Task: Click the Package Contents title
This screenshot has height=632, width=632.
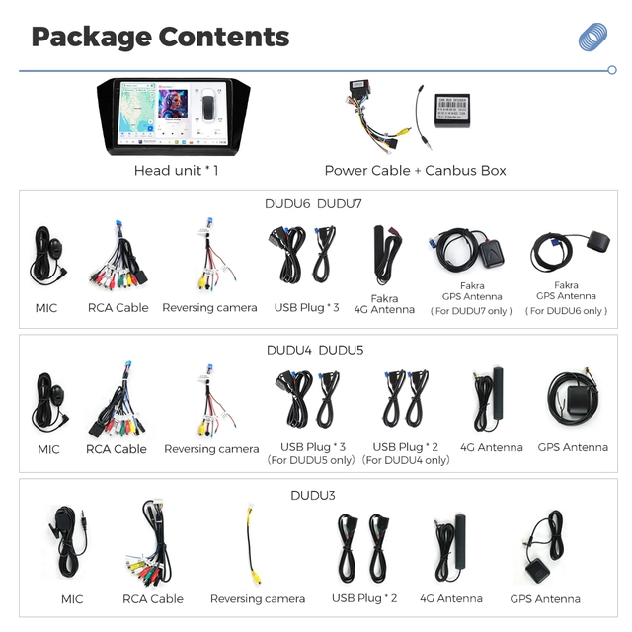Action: [x=160, y=38]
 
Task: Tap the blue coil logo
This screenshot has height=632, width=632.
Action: [x=592, y=37]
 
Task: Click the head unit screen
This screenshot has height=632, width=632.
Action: [x=174, y=114]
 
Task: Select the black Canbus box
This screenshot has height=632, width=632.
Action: [x=452, y=111]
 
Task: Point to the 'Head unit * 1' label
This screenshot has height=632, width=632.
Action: [x=176, y=171]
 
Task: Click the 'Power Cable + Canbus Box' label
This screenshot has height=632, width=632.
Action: [x=415, y=171]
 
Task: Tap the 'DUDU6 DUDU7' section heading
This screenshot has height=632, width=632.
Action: [x=313, y=204]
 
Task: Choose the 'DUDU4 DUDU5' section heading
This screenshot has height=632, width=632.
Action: [x=315, y=350]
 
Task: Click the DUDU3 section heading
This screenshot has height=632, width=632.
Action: [x=313, y=495]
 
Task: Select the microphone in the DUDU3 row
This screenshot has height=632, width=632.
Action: [x=67, y=541]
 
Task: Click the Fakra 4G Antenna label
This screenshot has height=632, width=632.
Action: [x=384, y=304]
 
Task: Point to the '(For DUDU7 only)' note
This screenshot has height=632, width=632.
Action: [x=471, y=311]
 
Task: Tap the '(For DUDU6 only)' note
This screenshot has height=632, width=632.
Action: [x=566, y=311]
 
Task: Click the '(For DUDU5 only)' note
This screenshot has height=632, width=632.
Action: [x=311, y=460]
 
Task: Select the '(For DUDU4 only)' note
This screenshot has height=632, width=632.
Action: [x=406, y=460]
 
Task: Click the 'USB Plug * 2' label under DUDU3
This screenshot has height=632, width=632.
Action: [x=364, y=598]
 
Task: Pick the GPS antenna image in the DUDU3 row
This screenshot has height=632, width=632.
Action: [x=544, y=546]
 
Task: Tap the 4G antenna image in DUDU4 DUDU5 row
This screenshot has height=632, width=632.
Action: [x=489, y=399]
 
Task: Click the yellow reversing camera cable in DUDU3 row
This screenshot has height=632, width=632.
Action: [x=253, y=543]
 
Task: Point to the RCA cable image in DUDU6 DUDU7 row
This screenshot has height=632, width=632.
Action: [x=118, y=255]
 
